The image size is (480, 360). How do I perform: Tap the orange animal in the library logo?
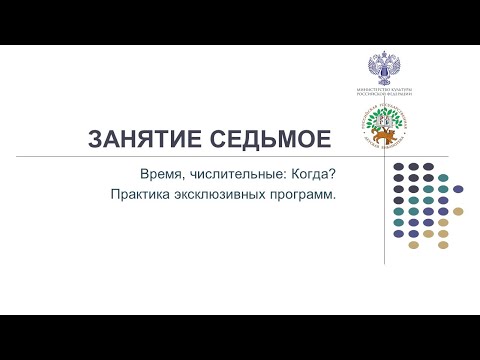pos(382,139)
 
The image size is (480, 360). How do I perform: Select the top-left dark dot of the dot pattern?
pos(399,166)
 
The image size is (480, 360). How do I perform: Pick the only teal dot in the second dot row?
pos(429,177)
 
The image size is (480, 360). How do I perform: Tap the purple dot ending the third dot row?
pos(458,188)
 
